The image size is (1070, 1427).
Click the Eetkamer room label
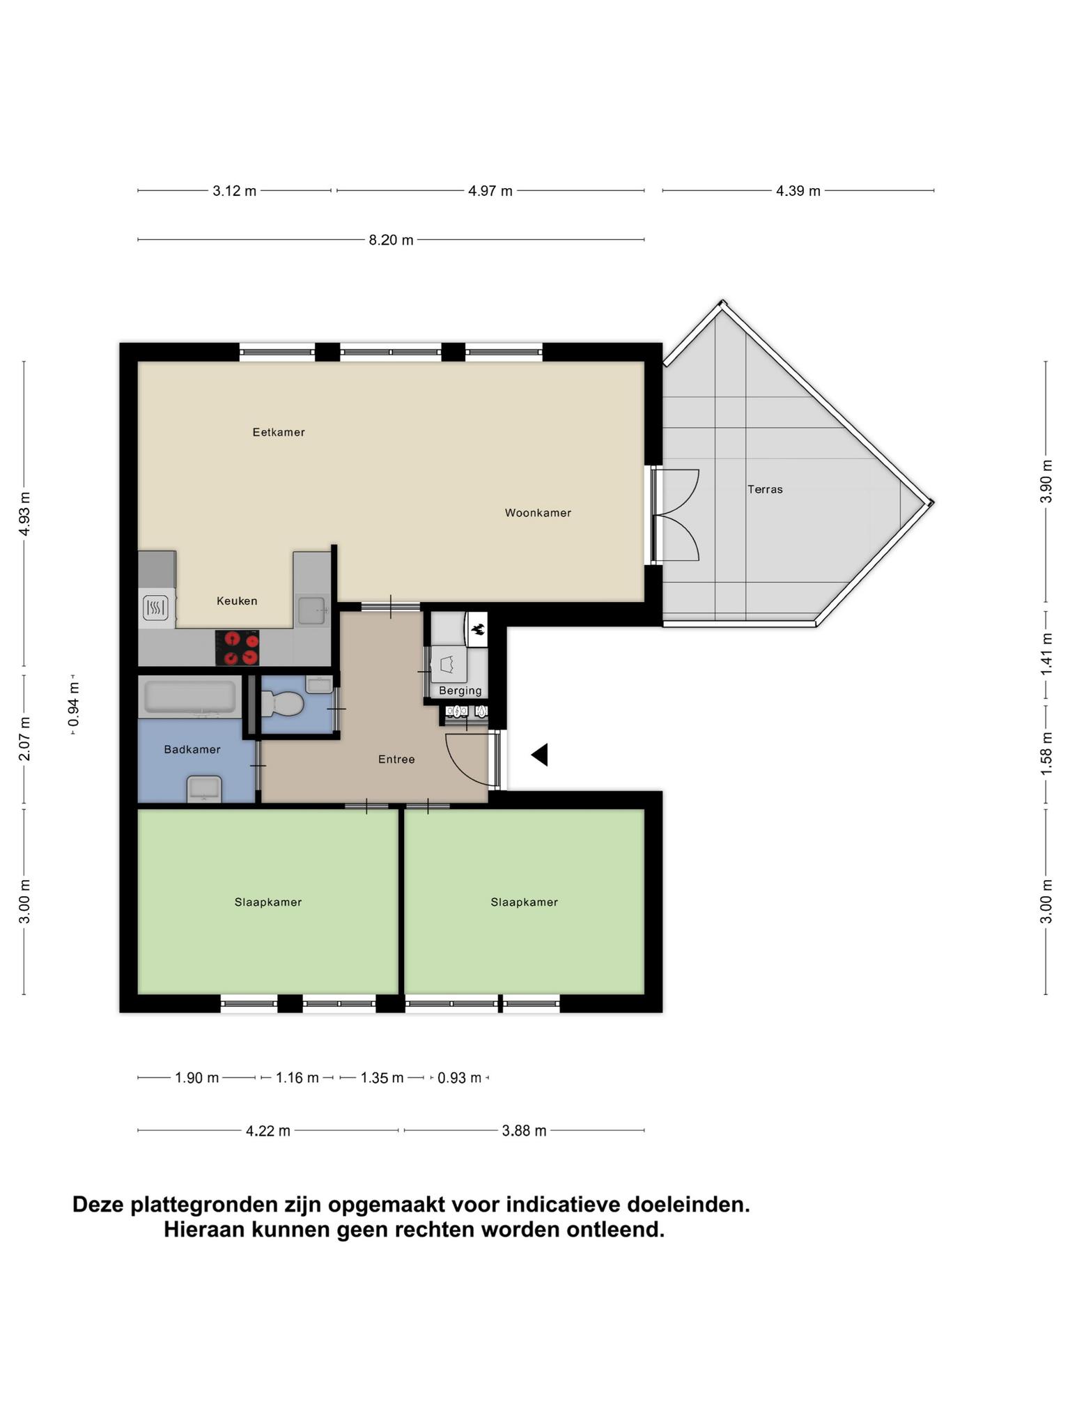279,432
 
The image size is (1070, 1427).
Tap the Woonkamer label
538,513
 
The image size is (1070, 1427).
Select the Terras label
765,489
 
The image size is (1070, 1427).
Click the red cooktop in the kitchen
237,648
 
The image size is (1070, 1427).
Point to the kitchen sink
312,611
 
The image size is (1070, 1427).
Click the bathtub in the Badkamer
190,697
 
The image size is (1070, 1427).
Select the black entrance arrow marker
540,755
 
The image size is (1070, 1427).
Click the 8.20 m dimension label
391,240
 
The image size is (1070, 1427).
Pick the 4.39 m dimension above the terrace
798,191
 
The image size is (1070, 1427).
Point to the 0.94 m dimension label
74,703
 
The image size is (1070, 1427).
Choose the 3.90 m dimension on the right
1046,481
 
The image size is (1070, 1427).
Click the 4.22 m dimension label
268,1131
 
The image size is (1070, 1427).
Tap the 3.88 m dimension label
525,1131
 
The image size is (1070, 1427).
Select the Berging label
460,691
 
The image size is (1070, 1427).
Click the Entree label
396,759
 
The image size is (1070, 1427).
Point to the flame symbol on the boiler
478,630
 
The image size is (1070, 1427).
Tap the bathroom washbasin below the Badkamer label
204,789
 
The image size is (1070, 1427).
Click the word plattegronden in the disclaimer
205,1205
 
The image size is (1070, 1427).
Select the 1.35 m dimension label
382,1078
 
